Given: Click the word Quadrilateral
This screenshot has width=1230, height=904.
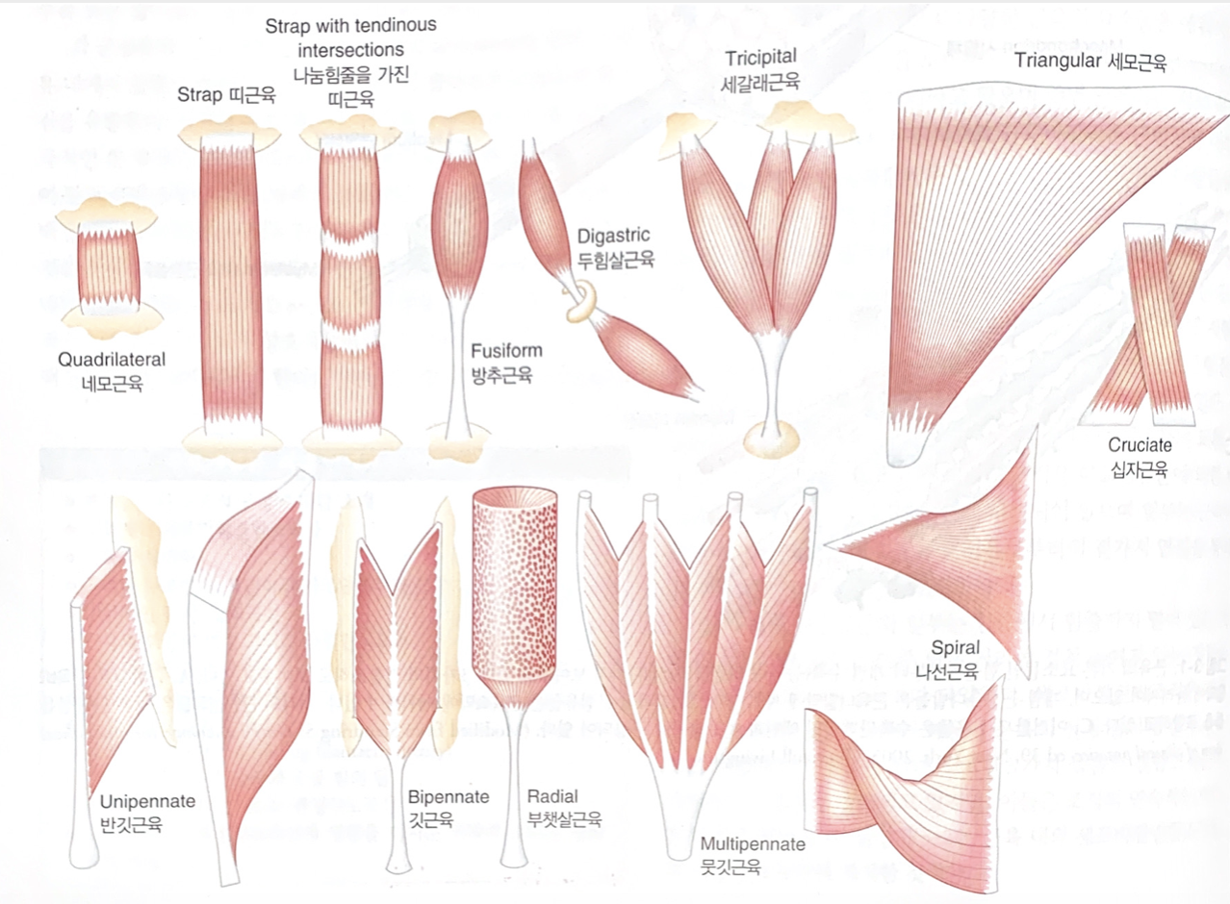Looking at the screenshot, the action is tap(110, 360).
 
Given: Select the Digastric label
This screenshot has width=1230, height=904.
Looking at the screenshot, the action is tap(614, 236).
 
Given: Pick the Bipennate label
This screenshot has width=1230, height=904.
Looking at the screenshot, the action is tap(448, 797).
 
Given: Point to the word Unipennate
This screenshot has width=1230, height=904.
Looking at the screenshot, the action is tap(147, 801).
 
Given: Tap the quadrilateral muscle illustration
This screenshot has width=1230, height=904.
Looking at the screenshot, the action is tap(109, 264).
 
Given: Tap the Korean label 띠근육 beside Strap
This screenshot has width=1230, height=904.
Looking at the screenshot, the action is tap(253, 94).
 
